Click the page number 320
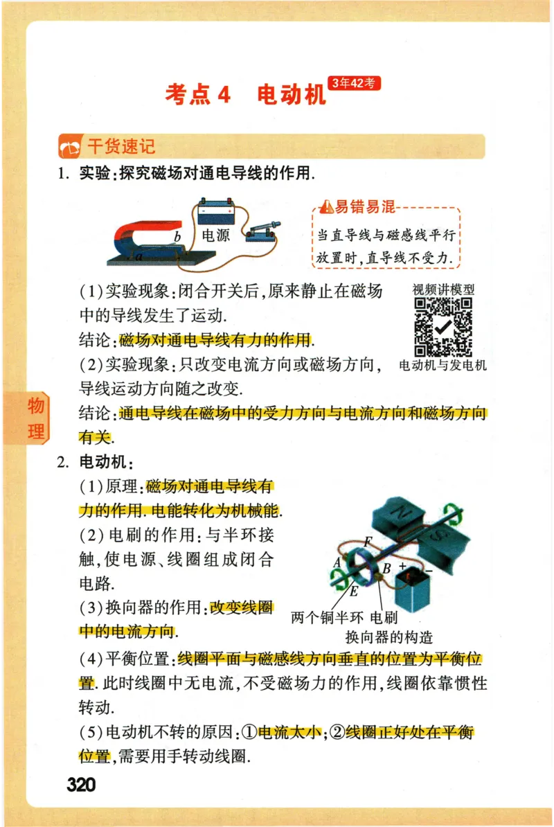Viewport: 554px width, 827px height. click(x=81, y=784)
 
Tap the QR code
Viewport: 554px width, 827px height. click(x=443, y=328)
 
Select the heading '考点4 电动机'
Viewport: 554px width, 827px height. click(x=245, y=94)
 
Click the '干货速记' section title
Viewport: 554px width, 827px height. click(x=120, y=146)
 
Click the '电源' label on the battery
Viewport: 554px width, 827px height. click(x=215, y=235)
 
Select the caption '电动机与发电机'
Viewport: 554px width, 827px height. click(x=443, y=365)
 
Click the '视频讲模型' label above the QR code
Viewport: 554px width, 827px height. click(x=443, y=290)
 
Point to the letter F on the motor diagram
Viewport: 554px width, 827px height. click(x=367, y=540)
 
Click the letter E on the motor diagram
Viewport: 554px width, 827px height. click(x=354, y=591)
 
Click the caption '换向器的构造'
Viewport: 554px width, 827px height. click(x=388, y=637)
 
